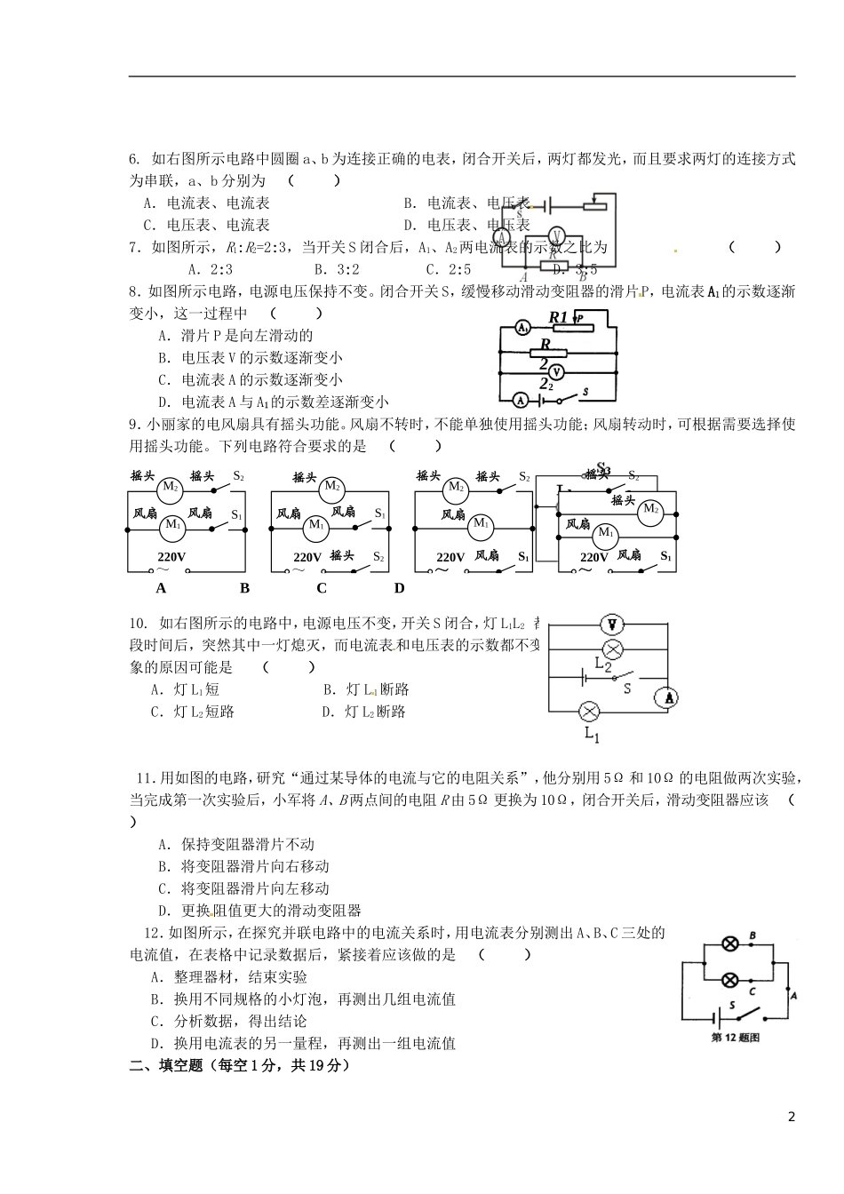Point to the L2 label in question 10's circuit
tap(603, 665)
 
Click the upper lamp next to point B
tap(729, 943)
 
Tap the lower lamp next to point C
tap(729, 979)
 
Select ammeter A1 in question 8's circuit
tap(523, 329)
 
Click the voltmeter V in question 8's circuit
tap(556, 371)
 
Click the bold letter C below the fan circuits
tap(322, 588)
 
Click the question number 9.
tap(133, 425)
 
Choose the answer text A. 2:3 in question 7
tap(211, 269)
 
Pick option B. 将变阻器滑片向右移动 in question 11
tap(243, 866)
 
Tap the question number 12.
tap(153, 932)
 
